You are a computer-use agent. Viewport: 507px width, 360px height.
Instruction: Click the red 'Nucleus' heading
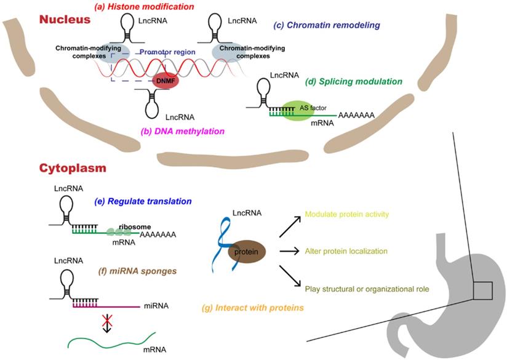[65, 20]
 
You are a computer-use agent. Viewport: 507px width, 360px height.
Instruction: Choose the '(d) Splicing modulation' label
[354, 81]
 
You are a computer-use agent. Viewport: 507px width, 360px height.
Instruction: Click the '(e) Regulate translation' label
[156, 201]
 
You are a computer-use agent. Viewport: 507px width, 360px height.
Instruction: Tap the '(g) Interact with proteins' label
[254, 306]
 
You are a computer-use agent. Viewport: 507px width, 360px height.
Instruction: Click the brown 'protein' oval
[247, 252]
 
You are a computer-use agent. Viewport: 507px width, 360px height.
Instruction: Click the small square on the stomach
[484, 289]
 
